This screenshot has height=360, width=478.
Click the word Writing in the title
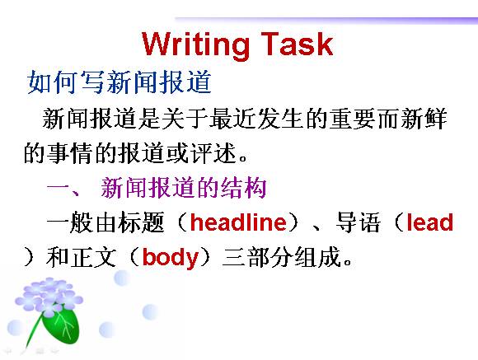pyautogui.click(x=195, y=45)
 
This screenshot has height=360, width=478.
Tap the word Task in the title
pyautogui.click(x=297, y=44)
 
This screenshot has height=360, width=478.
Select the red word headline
pyautogui.click(x=238, y=222)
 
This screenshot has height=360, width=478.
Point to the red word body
pyautogui.click(x=171, y=258)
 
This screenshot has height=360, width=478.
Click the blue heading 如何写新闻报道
pyautogui.click(x=119, y=82)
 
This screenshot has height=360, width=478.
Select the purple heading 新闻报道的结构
pyautogui.click(x=184, y=188)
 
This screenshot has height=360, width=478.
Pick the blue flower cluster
pyautogui.click(x=49, y=297)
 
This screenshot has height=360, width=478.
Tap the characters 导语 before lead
pyautogui.click(x=358, y=222)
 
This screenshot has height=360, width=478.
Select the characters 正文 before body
pyautogui.click(x=94, y=258)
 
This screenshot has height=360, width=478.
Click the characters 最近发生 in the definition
pyautogui.click(x=256, y=119)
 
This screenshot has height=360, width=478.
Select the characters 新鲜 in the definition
pyautogui.click(x=424, y=119)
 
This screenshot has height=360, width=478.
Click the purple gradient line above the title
pyautogui.click(x=326, y=20)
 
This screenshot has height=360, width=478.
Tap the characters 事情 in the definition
pyautogui.click(x=70, y=152)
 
